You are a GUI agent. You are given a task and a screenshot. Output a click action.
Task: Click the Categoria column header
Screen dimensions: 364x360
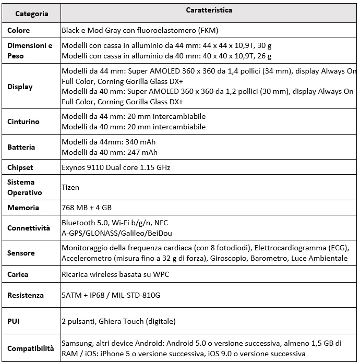pos(31,14)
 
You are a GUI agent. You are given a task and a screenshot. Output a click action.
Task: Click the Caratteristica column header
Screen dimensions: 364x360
pos(209,10)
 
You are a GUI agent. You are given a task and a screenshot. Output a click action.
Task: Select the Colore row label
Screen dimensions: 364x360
pos(18,31)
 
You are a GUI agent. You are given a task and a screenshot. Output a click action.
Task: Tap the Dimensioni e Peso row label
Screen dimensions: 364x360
pos(30,51)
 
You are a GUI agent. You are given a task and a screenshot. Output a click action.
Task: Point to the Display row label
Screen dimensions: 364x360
pos(20,87)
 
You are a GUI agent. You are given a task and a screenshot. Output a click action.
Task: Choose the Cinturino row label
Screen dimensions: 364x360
pos(23,122)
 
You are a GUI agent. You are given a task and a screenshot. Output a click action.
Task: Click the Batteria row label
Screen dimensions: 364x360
pos(21,147)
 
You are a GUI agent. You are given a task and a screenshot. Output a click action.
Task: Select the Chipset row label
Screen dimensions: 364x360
pos(20,167)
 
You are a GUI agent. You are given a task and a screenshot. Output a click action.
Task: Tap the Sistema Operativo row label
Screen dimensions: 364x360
pos(24,187)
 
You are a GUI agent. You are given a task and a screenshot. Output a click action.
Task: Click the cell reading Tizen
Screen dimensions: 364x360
pos(70,187)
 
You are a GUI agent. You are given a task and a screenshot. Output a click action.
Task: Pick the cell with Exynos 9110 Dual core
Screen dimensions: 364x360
pos(116,167)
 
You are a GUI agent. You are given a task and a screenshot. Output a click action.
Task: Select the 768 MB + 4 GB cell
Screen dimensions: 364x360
pos(87,208)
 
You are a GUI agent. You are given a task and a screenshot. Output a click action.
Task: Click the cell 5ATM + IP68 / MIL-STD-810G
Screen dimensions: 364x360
pos(111,295)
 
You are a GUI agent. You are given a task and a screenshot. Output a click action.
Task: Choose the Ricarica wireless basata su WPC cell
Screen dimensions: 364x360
pos(115,274)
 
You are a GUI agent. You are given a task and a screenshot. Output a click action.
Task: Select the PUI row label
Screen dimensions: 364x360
pos(14,321)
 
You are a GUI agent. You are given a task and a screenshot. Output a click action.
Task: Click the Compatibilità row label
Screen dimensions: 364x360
pos(30,348)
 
